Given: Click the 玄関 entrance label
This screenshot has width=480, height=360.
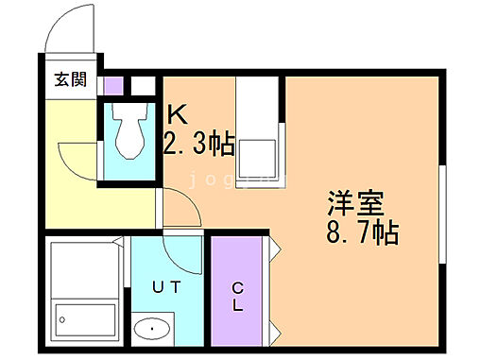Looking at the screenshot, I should (x=68, y=80).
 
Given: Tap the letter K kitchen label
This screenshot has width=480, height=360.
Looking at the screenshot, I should (x=178, y=115).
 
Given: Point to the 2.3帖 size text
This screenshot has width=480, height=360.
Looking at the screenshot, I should (x=199, y=144).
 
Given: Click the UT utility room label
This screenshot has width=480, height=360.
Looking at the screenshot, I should (x=166, y=283).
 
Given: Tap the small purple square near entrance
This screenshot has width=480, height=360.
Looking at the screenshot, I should (x=113, y=85).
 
